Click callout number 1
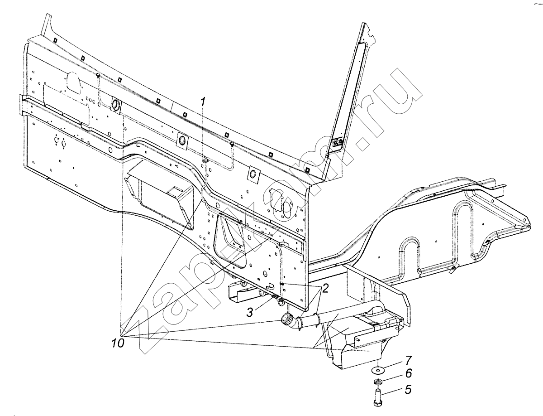(x=203, y=102)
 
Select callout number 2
(x=325, y=288)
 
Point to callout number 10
(x=118, y=343)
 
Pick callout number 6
(x=408, y=373)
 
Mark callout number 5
(x=408, y=389)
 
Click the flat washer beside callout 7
(x=377, y=370)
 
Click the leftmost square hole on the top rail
(x=55, y=41)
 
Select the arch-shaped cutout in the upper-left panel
(x=74, y=83)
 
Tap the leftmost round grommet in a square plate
(x=115, y=105)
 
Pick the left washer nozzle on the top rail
(x=98, y=75)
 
